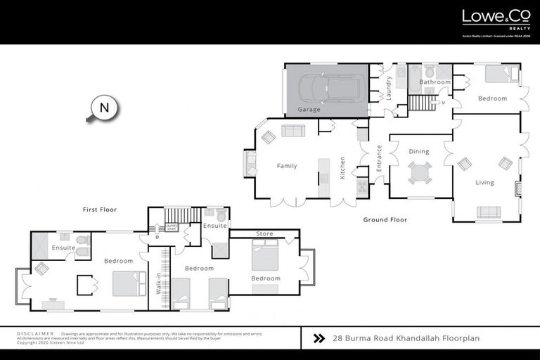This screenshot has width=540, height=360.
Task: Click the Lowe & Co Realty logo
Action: click(496, 20)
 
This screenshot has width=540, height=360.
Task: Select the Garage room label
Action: click(309, 110)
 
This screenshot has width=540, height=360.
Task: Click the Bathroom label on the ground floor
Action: click(435, 82)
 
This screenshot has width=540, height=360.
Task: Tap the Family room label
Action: click(286, 166)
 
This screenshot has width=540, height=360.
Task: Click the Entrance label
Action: click(379, 155)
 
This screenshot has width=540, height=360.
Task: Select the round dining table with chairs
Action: click(420, 172)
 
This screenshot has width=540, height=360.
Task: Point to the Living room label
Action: click(484, 183)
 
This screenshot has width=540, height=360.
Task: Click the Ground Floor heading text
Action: click(385, 220)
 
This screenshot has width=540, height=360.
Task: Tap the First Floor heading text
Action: click(99, 210)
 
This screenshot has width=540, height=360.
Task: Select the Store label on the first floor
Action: click(264, 233)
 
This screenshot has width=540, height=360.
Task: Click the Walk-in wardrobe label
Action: click(159, 283)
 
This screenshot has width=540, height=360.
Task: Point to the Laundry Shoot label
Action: click(172, 227)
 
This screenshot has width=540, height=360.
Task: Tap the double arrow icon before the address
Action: click(318, 338)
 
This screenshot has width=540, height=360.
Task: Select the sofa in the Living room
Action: click(489, 212)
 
